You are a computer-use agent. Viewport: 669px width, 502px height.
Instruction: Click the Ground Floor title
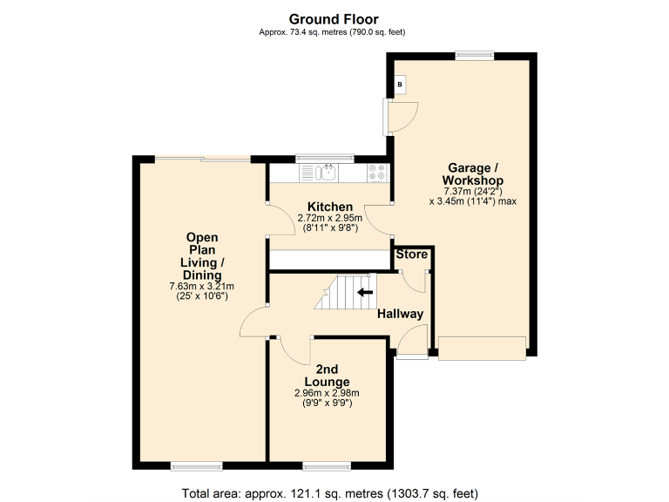(x=334, y=19)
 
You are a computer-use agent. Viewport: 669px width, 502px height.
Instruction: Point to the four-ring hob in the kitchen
(x=377, y=173)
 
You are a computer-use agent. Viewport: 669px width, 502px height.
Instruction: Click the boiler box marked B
(x=400, y=85)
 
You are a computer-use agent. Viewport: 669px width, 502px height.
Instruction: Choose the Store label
(x=412, y=254)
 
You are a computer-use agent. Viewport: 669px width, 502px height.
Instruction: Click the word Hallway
(x=400, y=314)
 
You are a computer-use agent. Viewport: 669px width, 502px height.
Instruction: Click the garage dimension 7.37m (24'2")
(x=473, y=191)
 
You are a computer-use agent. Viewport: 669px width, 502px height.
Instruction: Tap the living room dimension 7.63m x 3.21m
(x=201, y=286)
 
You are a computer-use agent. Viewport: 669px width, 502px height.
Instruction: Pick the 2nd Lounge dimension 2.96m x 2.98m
(x=327, y=393)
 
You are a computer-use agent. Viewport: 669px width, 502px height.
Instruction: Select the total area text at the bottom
(x=334, y=493)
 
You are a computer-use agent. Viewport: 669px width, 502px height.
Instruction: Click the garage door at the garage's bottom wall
(x=482, y=348)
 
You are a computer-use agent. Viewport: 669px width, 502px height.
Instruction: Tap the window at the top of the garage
(x=474, y=57)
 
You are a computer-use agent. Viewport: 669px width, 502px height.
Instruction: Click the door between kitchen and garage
(x=381, y=219)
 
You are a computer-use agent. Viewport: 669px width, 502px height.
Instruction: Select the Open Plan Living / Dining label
(x=201, y=256)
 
